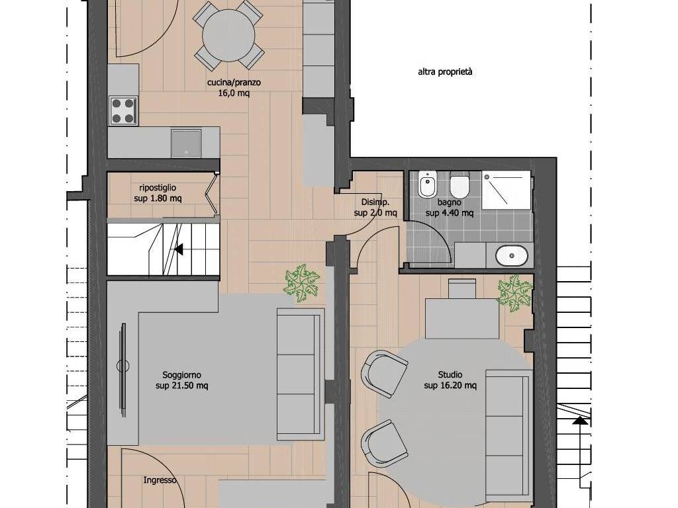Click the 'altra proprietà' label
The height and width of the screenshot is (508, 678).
(445, 73)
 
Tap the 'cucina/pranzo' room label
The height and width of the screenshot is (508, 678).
(234, 83)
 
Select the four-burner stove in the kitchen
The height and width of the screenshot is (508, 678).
(123, 111)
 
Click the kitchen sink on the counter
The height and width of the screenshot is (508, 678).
(186, 143)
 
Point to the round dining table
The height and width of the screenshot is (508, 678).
(228, 35)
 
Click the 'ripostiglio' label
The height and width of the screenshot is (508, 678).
(158, 188)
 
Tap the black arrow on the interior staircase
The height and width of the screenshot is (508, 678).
(179, 249)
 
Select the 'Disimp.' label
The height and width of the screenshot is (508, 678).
(375, 202)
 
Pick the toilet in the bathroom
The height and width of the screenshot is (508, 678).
(460, 185)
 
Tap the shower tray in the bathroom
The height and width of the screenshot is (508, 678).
(507, 190)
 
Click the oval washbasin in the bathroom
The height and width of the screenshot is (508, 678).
(512, 256)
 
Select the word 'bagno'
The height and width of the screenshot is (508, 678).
(450, 202)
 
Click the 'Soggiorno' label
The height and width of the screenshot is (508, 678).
(181, 375)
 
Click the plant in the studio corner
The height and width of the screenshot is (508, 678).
(514, 294)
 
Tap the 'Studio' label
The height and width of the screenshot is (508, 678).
(450, 374)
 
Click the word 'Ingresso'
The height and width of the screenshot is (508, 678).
(160, 480)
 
